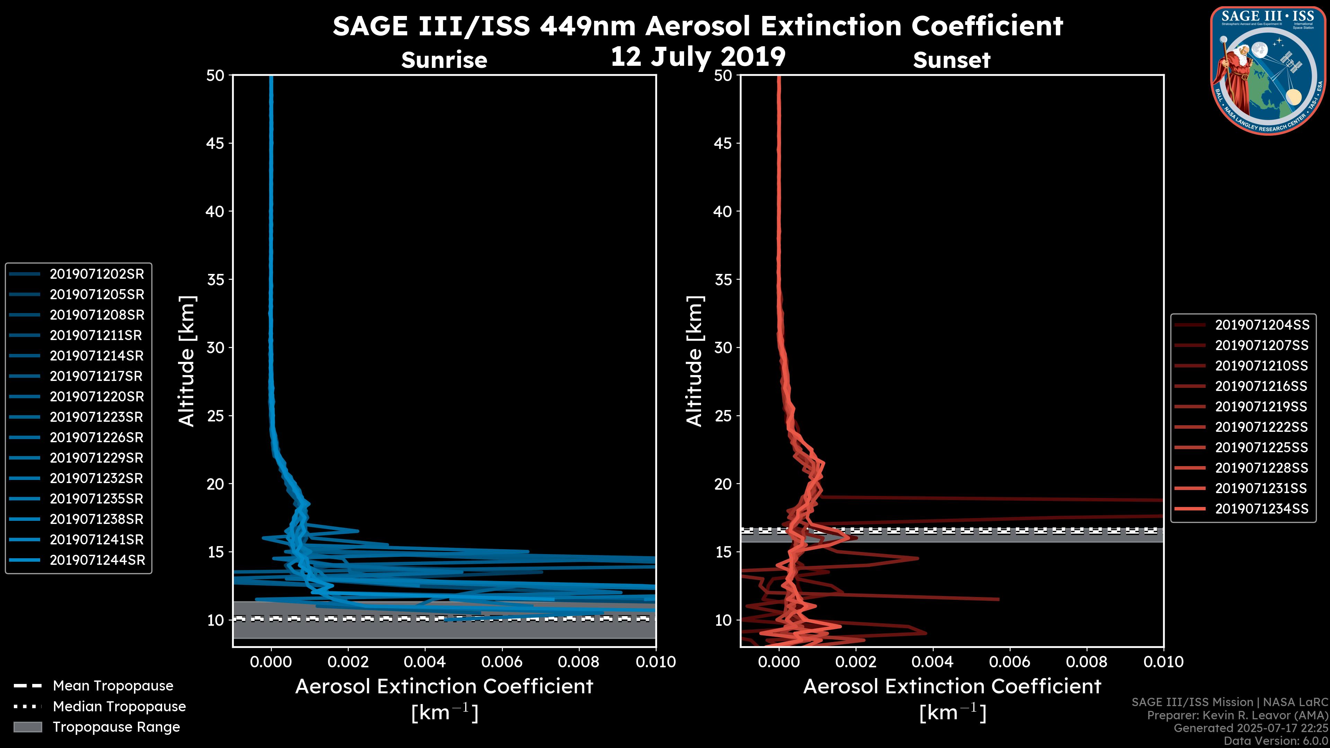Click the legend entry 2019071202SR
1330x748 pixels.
coord(97,274)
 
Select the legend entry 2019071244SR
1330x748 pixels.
coord(97,560)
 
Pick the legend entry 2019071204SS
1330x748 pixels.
coord(1262,325)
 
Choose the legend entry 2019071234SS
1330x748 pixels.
coord(1261,509)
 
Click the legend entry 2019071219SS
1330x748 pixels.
coord(1261,407)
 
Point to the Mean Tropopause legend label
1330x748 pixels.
coord(113,686)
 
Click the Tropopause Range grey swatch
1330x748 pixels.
coord(27,727)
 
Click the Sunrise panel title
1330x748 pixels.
coord(444,60)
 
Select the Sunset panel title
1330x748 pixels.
coord(951,60)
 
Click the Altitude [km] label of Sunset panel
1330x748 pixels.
coord(695,361)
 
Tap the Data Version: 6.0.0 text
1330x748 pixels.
coord(1276,741)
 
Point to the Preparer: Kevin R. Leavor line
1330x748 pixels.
coord(1237,715)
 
